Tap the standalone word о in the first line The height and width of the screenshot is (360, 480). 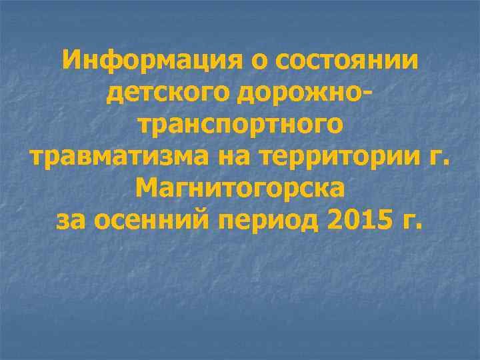[x=257, y=63]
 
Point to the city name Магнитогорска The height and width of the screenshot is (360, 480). [x=240, y=189]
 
